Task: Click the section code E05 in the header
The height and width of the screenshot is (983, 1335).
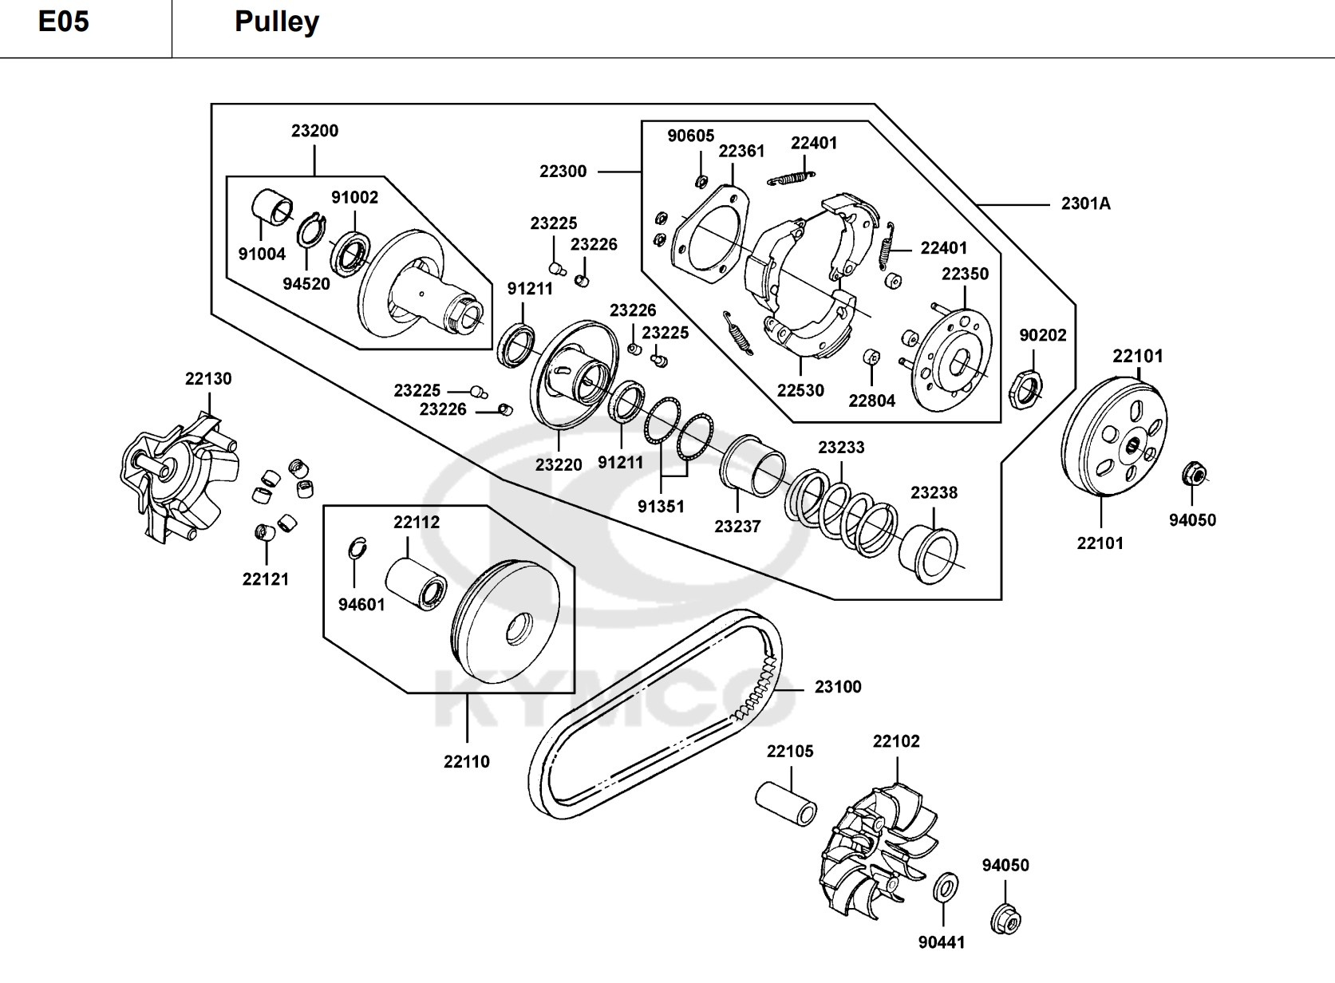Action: click(x=64, y=22)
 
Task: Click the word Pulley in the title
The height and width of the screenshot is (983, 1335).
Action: click(x=277, y=22)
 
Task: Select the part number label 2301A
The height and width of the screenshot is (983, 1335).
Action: click(x=1085, y=203)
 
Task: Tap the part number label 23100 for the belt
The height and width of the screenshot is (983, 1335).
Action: click(x=838, y=687)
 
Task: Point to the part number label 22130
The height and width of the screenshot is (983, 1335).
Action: click(x=208, y=379)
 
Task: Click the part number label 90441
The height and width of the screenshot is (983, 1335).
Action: click(x=942, y=942)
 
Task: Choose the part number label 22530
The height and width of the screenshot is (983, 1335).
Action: click(x=800, y=390)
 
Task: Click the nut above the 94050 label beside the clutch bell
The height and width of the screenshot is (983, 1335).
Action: click(x=1193, y=474)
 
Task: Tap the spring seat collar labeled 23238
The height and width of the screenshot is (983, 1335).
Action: click(x=929, y=555)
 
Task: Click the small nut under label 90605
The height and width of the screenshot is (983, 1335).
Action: click(x=701, y=181)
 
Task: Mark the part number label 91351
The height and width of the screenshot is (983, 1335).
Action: click(x=661, y=507)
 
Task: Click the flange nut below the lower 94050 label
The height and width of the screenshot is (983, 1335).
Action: click(x=1006, y=919)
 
